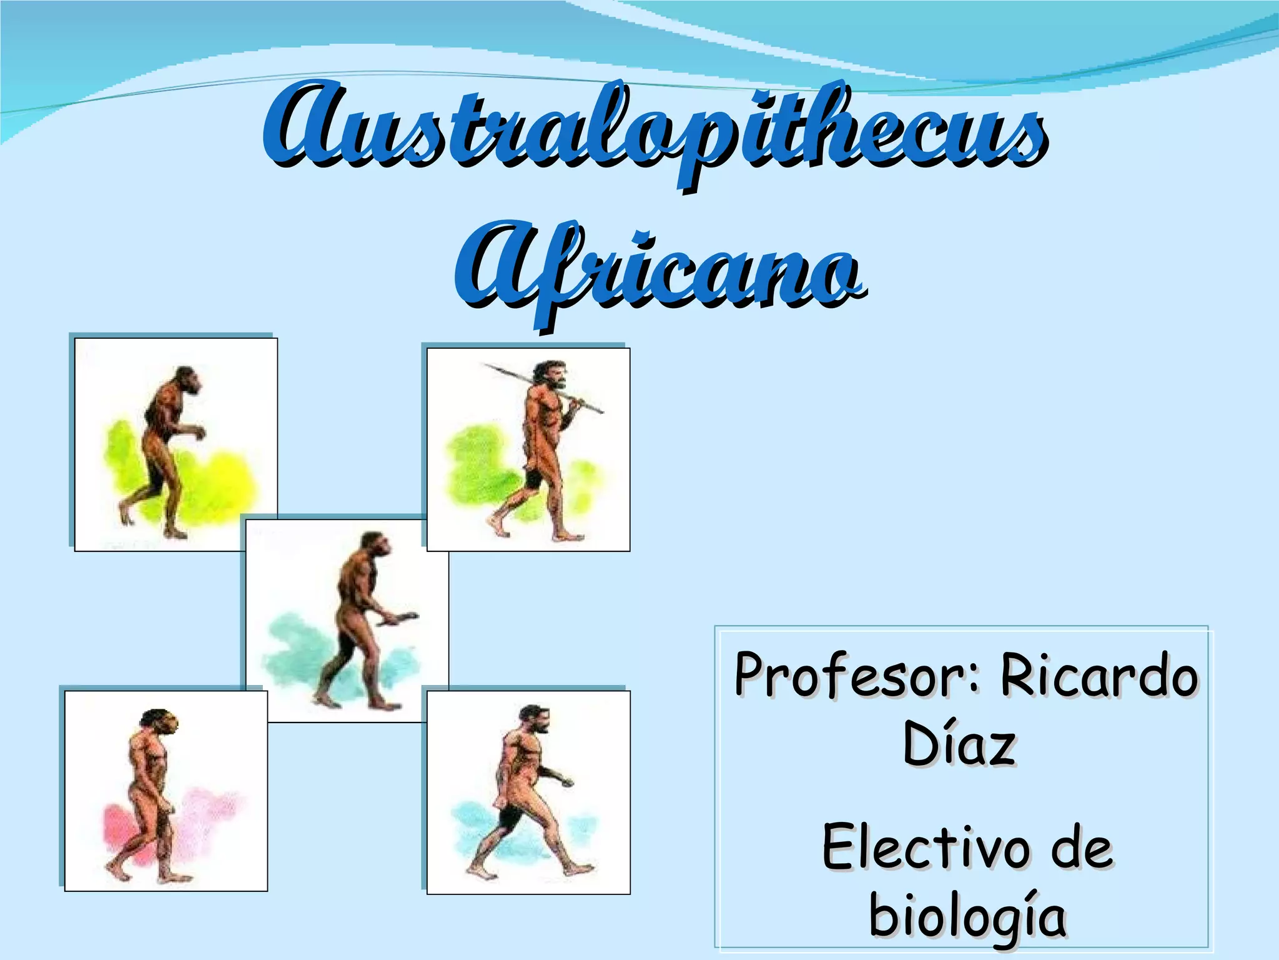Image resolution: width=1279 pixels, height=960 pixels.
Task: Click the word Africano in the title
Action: coord(659,269)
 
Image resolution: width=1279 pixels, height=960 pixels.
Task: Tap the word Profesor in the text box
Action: coord(852,675)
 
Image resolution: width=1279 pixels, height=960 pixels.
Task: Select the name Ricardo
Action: coord(1099,675)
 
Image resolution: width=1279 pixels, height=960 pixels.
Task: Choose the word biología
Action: coord(967,916)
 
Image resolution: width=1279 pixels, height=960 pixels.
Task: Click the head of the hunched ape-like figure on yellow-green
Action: coord(187,380)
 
